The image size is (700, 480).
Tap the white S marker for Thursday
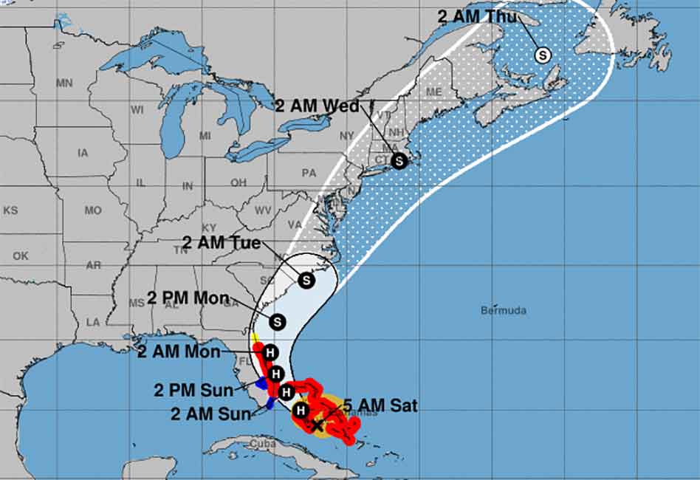543,55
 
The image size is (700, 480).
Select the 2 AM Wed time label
318,106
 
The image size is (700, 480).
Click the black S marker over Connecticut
399,160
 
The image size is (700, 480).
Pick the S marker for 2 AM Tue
306,280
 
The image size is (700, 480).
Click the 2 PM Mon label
188,298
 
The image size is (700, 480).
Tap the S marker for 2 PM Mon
277,322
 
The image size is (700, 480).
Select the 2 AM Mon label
179,352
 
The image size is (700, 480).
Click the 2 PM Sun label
194,389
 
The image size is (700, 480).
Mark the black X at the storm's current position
318,425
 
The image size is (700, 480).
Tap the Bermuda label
503,310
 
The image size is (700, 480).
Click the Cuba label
262,443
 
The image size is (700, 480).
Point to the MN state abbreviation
64,83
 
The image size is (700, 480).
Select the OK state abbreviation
20,256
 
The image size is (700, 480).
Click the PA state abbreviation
309,173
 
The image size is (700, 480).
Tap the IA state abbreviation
82,153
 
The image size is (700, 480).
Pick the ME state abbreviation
433,92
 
